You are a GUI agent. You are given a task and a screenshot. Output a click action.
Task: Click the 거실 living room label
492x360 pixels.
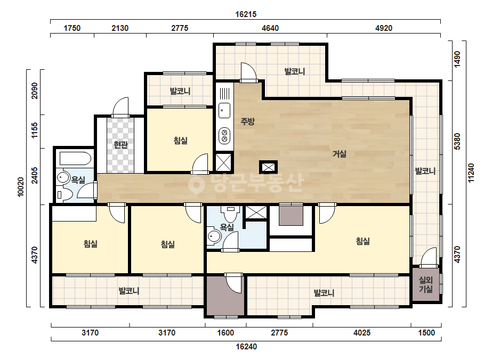click(340, 154)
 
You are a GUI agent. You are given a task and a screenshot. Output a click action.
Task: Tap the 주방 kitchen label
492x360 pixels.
click(247, 121)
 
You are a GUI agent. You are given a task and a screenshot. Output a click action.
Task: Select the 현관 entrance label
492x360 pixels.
click(121, 144)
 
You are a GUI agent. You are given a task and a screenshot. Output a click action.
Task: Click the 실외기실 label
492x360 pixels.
click(426, 284)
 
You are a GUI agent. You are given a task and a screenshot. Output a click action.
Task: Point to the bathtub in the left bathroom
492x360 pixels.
click(75, 159)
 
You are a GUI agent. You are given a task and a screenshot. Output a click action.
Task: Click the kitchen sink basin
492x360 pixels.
click(224, 110)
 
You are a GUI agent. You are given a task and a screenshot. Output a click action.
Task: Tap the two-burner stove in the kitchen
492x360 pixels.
click(224, 135)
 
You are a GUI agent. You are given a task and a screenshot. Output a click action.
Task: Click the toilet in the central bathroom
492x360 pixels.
click(231, 213)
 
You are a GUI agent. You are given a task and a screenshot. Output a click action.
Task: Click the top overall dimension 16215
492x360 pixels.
click(246, 14)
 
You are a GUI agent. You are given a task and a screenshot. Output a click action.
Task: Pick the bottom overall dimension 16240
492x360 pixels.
click(246, 346)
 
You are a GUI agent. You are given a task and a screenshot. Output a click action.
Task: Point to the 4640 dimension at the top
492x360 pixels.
click(270, 28)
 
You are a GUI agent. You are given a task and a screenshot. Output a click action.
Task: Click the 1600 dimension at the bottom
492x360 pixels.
click(225, 332)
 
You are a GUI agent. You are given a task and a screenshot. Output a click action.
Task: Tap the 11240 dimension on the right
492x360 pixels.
click(471, 173)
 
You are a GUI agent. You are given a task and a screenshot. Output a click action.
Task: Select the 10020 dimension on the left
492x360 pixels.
click(21, 187)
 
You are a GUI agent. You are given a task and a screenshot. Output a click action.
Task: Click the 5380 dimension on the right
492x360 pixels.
click(457, 142)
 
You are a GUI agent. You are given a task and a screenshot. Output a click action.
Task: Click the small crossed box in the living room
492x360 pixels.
click(268, 167)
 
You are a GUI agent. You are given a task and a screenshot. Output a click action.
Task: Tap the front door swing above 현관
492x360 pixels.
click(121, 107)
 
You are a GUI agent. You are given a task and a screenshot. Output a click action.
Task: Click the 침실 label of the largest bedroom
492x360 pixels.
click(362, 241)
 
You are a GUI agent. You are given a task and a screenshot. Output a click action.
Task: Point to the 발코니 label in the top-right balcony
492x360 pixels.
click(295, 71)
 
